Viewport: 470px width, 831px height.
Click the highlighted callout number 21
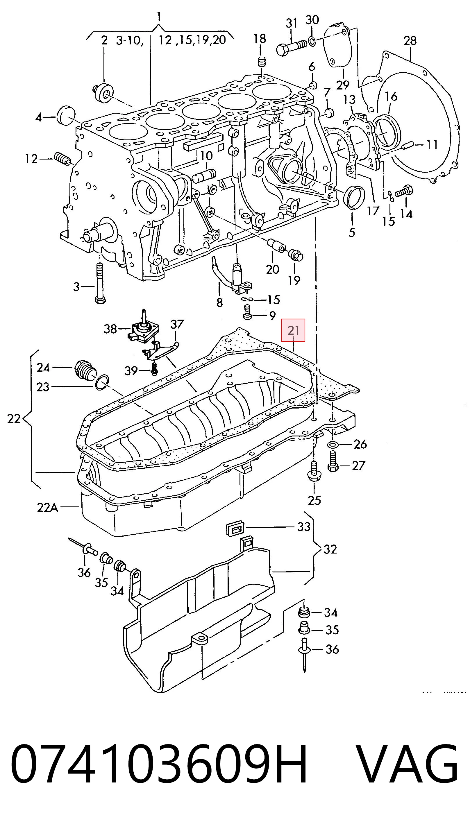pyautogui.click(x=293, y=330)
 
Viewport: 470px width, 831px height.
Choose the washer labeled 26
pyautogui.click(x=333, y=445)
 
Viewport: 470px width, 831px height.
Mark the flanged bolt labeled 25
pyautogui.click(x=313, y=471)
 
